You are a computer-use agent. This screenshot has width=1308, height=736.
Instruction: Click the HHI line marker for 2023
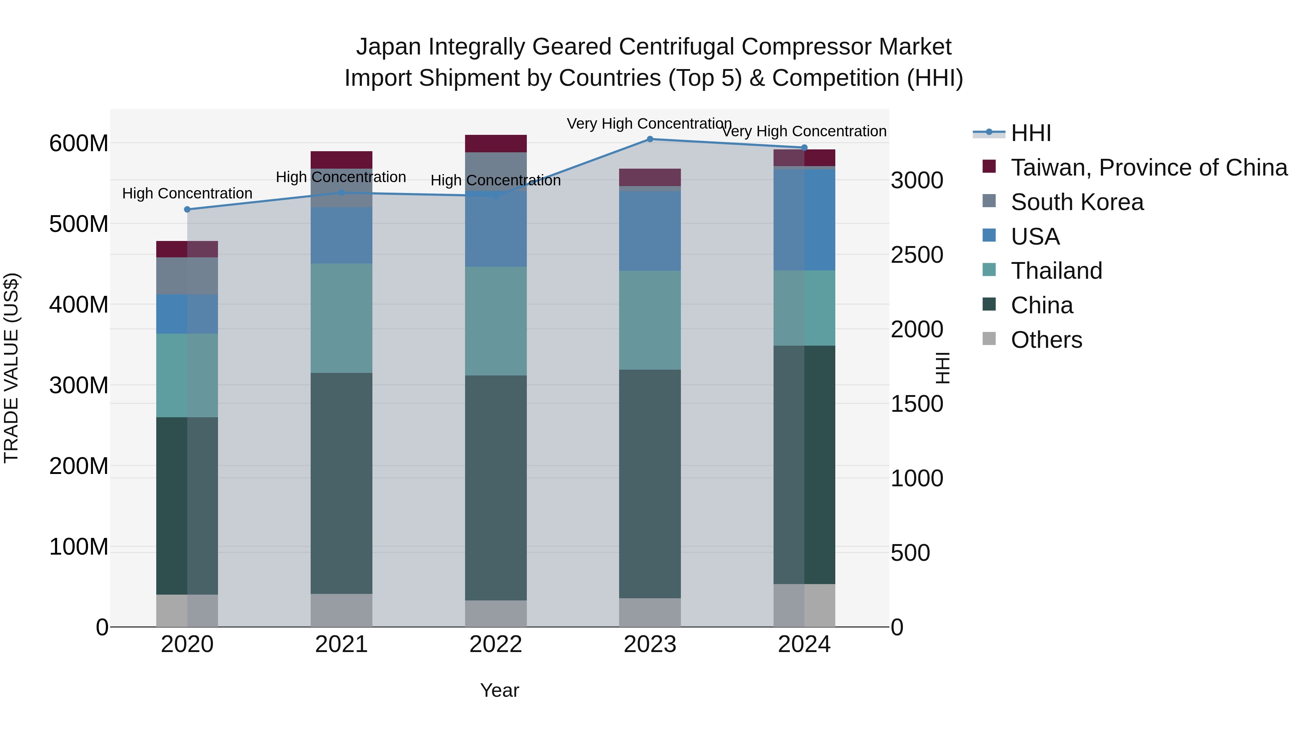pos(650,139)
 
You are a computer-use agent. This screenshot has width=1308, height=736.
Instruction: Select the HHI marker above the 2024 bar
pos(804,148)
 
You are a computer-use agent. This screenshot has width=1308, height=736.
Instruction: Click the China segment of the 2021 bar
pos(341,483)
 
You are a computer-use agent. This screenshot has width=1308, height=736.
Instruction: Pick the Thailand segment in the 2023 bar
pos(650,320)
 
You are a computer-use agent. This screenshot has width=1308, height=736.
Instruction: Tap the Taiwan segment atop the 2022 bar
pos(496,143)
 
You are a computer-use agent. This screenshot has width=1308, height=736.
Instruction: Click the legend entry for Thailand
pos(1056,271)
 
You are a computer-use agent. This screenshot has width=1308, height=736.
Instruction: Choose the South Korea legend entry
pos(1077,202)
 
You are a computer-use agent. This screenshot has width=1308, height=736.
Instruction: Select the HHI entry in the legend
pos(1031,133)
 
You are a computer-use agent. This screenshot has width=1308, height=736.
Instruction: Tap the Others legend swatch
pos(989,339)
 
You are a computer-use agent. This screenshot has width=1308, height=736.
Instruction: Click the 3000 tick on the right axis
pos(917,181)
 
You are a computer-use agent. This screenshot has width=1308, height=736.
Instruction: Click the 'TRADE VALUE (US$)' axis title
pos(11,368)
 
